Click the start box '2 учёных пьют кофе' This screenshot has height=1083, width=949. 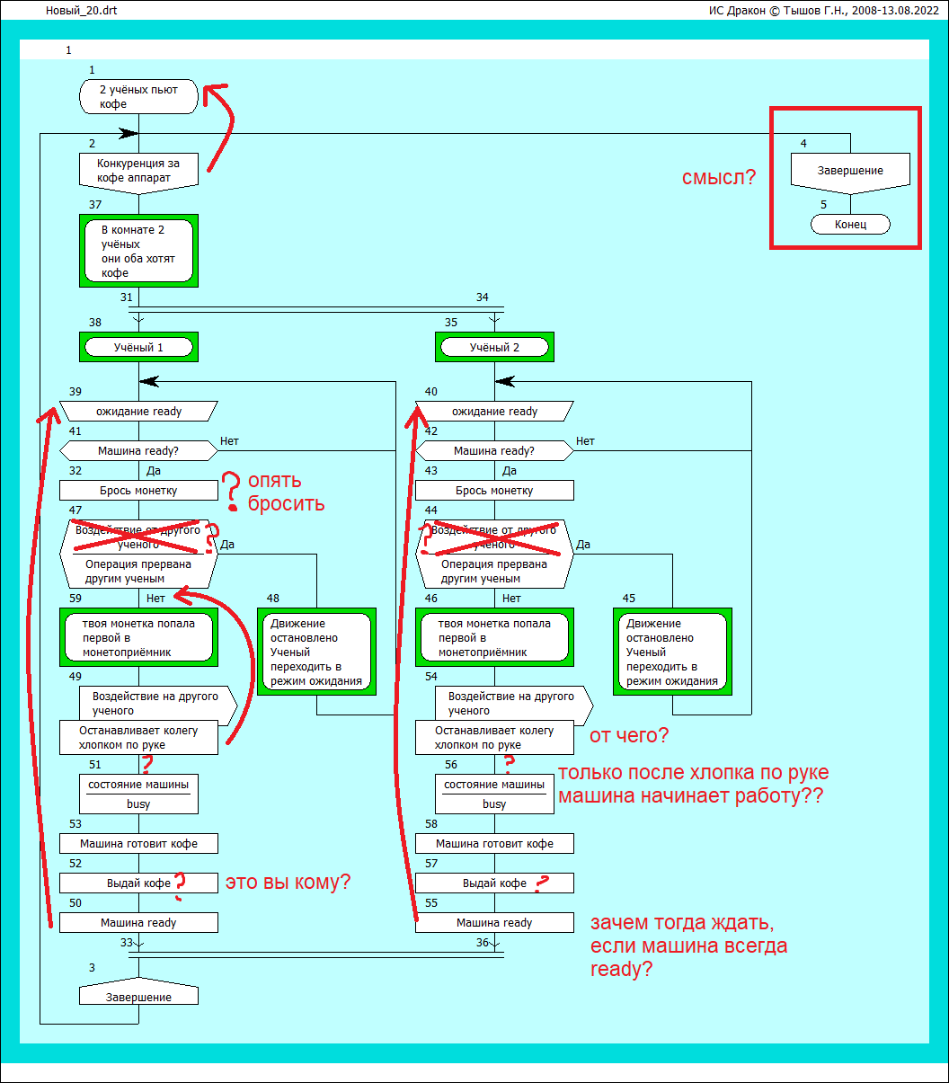click(x=138, y=96)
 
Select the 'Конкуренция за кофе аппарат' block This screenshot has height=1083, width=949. click(x=138, y=170)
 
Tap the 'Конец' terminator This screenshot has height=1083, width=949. click(x=850, y=224)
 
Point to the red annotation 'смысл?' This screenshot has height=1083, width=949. click(x=719, y=178)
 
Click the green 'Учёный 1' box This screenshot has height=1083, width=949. click(x=138, y=347)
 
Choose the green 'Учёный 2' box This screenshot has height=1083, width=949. click(x=494, y=347)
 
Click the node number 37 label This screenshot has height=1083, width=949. click(x=95, y=205)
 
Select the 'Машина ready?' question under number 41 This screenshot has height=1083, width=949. click(x=138, y=450)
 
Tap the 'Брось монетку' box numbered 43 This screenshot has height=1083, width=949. click(x=494, y=491)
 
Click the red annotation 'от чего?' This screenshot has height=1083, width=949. click(x=629, y=736)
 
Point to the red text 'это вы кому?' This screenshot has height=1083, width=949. click(x=288, y=883)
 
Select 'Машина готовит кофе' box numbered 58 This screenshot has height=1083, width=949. click(x=494, y=844)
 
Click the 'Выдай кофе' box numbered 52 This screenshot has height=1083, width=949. click(x=138, y=883)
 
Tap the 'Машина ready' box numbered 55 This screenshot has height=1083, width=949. click(x=494, y=923)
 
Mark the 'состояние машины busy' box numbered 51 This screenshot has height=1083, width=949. click(x=138, y=794)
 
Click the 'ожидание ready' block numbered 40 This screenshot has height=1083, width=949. click(x=494, y=412)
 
